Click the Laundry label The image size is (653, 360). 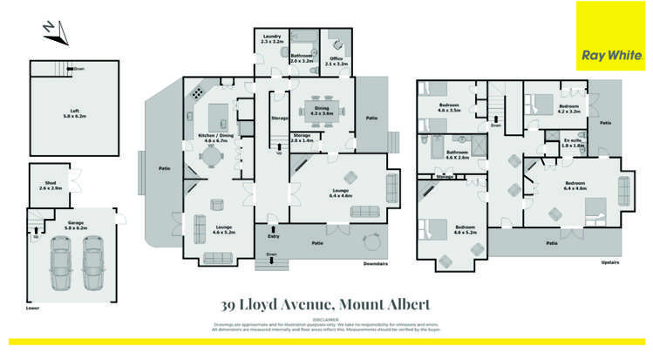(271, 38)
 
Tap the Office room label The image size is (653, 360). (336, 60)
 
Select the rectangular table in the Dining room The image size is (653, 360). (323, 110)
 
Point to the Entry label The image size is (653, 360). (273, 235)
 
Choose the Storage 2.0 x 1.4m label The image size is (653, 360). (302, 138)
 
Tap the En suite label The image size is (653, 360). (573, 141)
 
